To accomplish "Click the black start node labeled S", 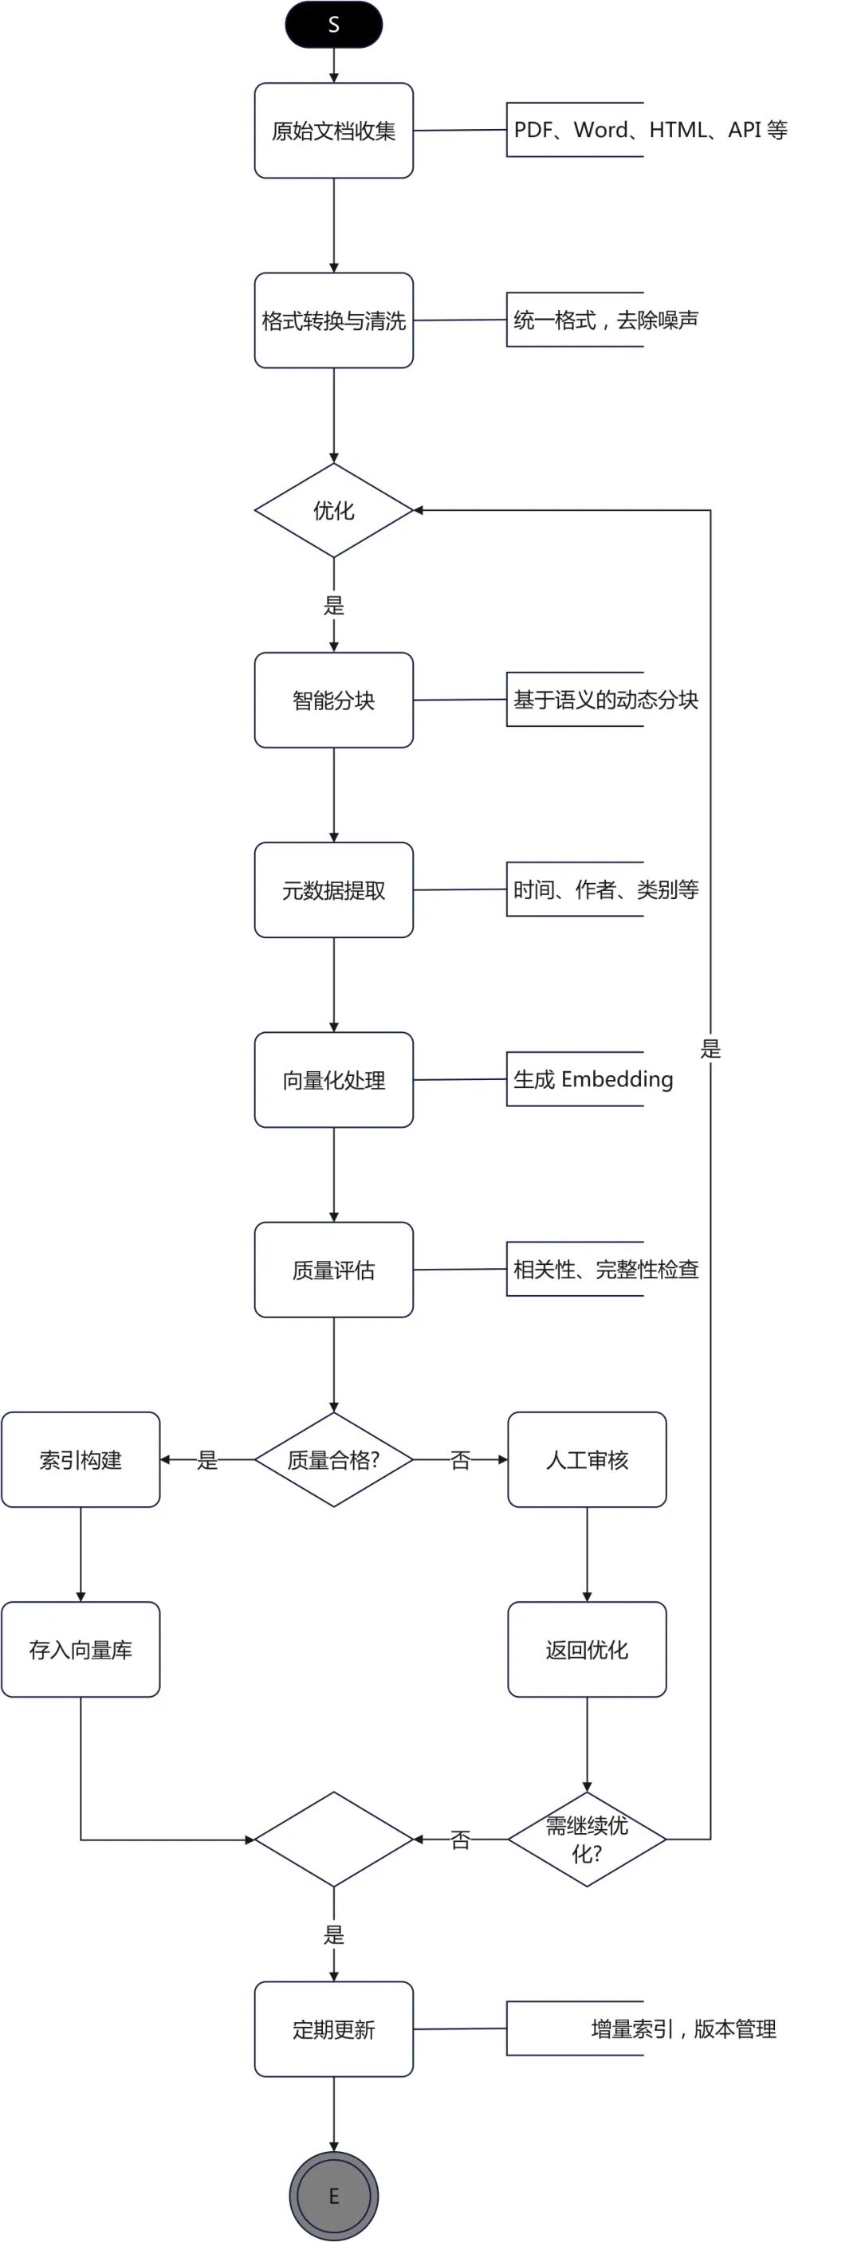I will coord(333,25).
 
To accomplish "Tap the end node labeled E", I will coord(333,2195).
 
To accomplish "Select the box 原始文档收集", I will coord(333,131).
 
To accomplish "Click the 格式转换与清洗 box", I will coord(333,320).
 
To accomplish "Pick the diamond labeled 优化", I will coord(333,510).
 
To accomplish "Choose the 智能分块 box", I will coord(333,700).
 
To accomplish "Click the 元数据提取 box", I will coord(333,889).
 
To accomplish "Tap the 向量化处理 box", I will coord(333,1079).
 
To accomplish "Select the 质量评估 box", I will coord(333,1269).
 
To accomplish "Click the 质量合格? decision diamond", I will coord(333,1459).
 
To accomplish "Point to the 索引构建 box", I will coord(80,1459).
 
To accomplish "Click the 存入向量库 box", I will coord(80,1649).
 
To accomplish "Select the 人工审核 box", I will coord(587,1459).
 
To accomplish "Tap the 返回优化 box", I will coord(587,1649).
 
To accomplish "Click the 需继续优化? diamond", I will coord(587,1839).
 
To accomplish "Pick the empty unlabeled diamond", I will coord(333,1839).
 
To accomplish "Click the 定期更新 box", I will coord(333,2028).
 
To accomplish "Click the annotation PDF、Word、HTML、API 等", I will coord(650,130).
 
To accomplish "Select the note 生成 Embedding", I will coord(593,1079).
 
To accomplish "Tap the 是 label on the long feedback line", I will coord(710,1049).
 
